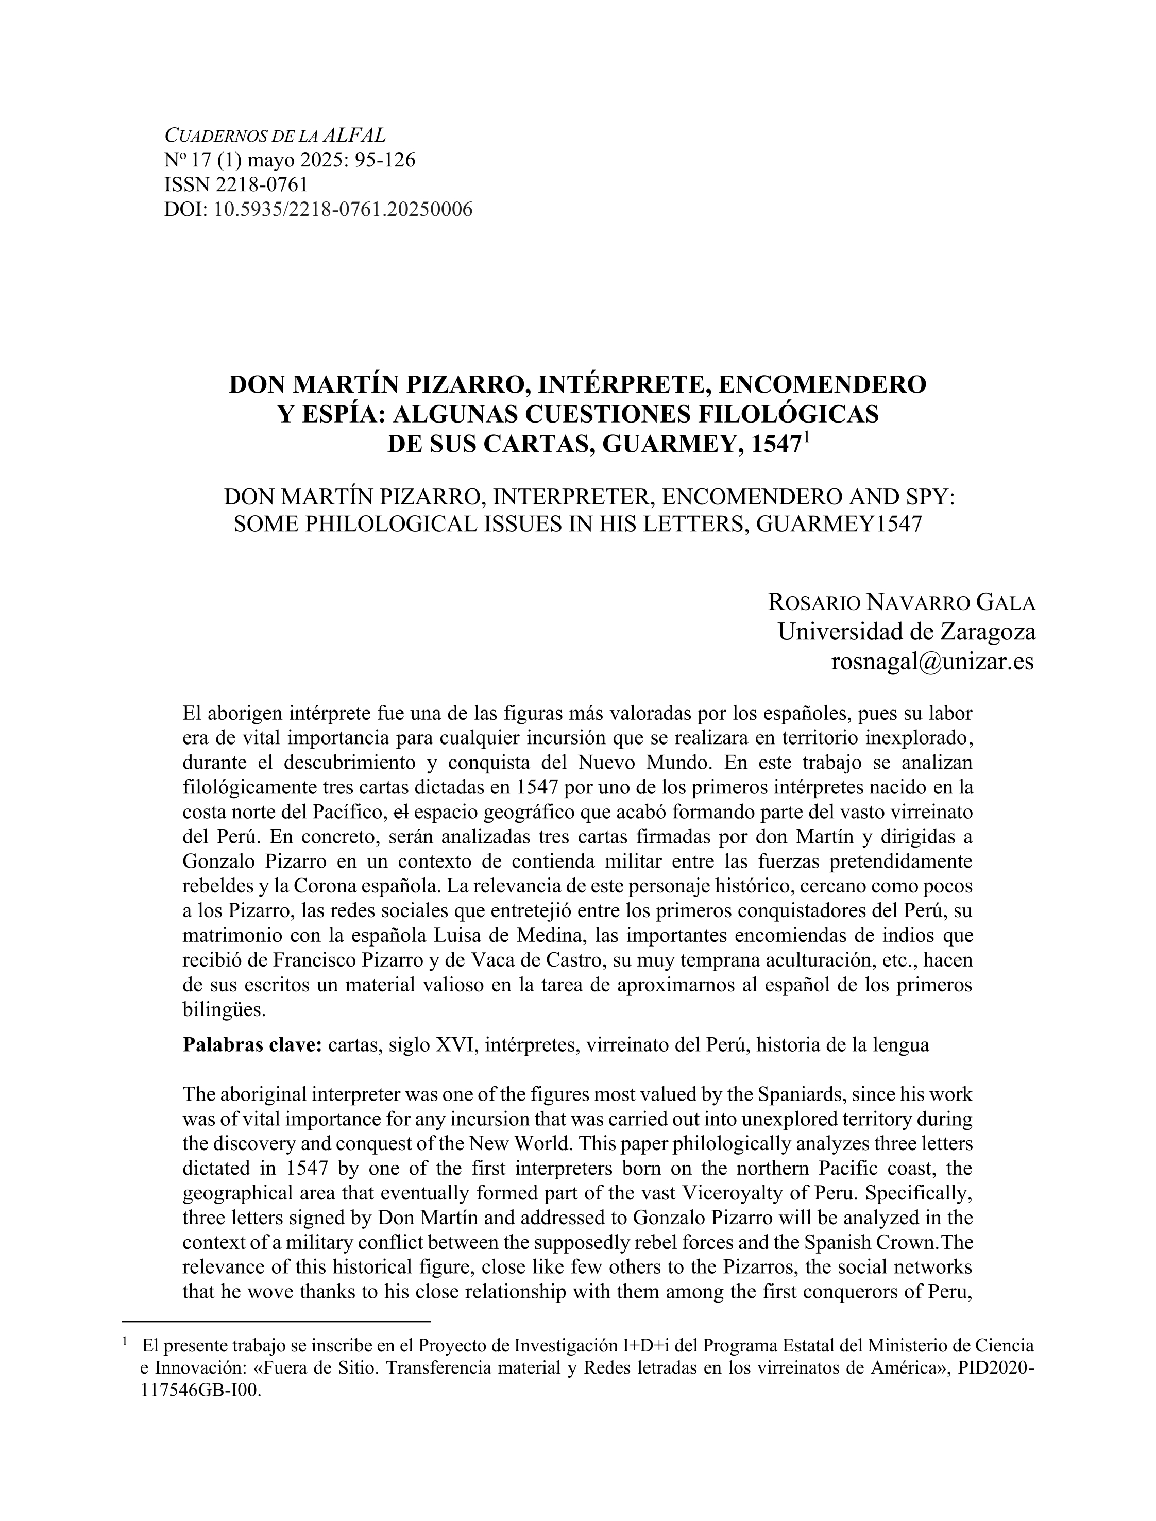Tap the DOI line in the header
[x=318, y=209]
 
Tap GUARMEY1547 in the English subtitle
[x=838, y=525]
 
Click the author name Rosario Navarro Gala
[x=902, y=603]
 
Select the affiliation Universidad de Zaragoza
[x=906, y=631]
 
